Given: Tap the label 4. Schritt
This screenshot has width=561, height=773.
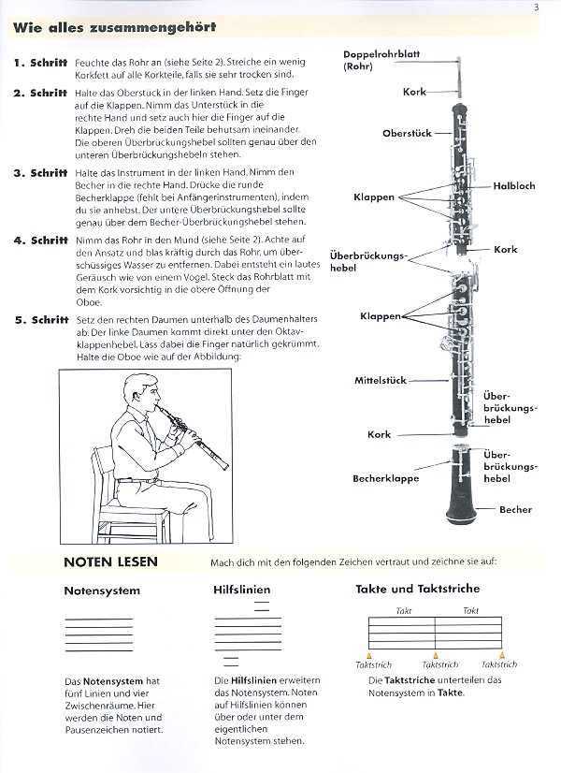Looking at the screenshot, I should (41, 241).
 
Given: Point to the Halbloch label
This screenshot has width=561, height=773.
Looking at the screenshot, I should (514, 186).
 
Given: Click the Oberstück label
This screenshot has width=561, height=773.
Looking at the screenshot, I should (407, 134).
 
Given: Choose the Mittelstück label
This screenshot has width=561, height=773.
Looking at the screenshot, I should (380, 381).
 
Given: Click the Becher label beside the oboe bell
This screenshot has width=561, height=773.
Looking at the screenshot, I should (515, 509).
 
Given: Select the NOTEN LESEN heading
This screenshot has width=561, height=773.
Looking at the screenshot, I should (110, 562).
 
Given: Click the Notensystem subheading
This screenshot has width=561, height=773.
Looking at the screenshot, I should (102, 591).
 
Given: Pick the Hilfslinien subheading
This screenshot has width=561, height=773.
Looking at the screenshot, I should (242, 591).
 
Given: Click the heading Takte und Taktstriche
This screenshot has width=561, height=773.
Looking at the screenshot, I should (417, 589).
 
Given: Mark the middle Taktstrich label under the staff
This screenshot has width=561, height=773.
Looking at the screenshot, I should (436, 664).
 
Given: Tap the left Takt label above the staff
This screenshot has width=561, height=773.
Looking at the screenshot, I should (403, 610).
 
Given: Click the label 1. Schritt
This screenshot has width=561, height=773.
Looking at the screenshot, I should (41, 63).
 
